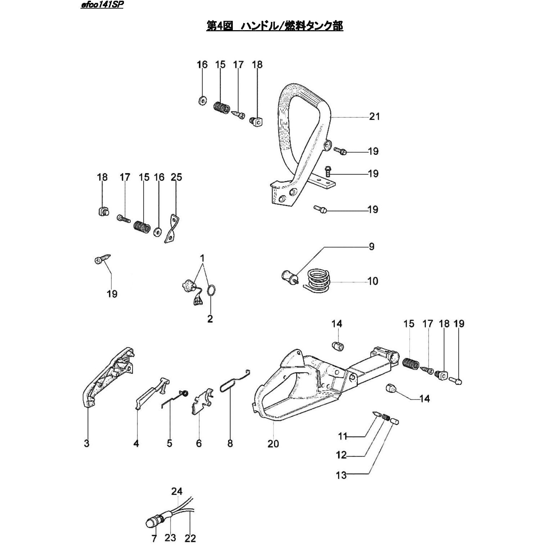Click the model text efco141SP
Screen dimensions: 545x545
coord(102,6)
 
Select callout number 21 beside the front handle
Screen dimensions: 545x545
coord(374,116)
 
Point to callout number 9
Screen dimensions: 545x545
coord(371,246)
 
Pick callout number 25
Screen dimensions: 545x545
coord(176,177)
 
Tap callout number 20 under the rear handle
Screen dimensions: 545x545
coord(273,444)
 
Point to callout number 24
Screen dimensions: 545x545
coord(177,491)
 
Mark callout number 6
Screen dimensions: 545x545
coord(199,444)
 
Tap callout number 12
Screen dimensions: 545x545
coord(341,455)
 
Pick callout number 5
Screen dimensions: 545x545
coord(169,444)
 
